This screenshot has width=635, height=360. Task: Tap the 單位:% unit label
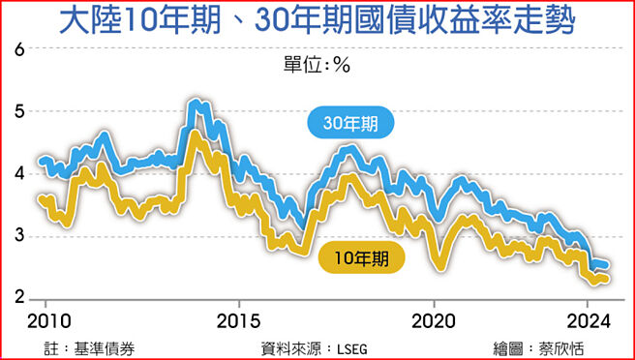point(316,65)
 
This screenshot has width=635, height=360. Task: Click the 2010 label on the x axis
point(45,320)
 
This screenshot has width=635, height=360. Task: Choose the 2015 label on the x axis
point(238,320)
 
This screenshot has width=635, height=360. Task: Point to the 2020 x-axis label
point(433,320)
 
